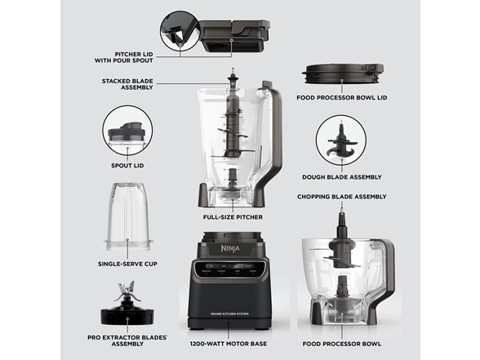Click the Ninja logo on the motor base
pyautogui.click(x=230, y=248)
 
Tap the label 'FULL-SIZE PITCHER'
pyautogui.click(x=233, y=217)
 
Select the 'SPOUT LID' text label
pyautogui.click(x=127, y=166)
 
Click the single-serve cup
pyautogui.click(x=129, y=217)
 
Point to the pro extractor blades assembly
pyautogui.click(x=127, y=307)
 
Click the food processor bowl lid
pyautogui.click(x=343, y=73)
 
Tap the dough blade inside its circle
pyautogui.click(x=340, y=141)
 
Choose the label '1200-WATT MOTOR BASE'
pyautogui.click(x=229, y=344)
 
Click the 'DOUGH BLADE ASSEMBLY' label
pyautogui.click(x=341, y=177)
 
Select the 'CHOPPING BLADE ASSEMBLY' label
pyautogui.click(x=341, y=197)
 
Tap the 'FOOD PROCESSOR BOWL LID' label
pyautogui.click(x=341, y=98)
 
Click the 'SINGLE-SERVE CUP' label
pyautogui.click(x=127, y=264)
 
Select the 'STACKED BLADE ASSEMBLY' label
pyautogui.click(x=127, y=84)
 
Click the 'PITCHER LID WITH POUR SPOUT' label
pyautogui.click(x=124, y=57)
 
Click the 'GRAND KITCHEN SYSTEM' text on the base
pyautogui.click(x=229, y=314)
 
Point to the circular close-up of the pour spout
pyautogui.click(x=180, y=31)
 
